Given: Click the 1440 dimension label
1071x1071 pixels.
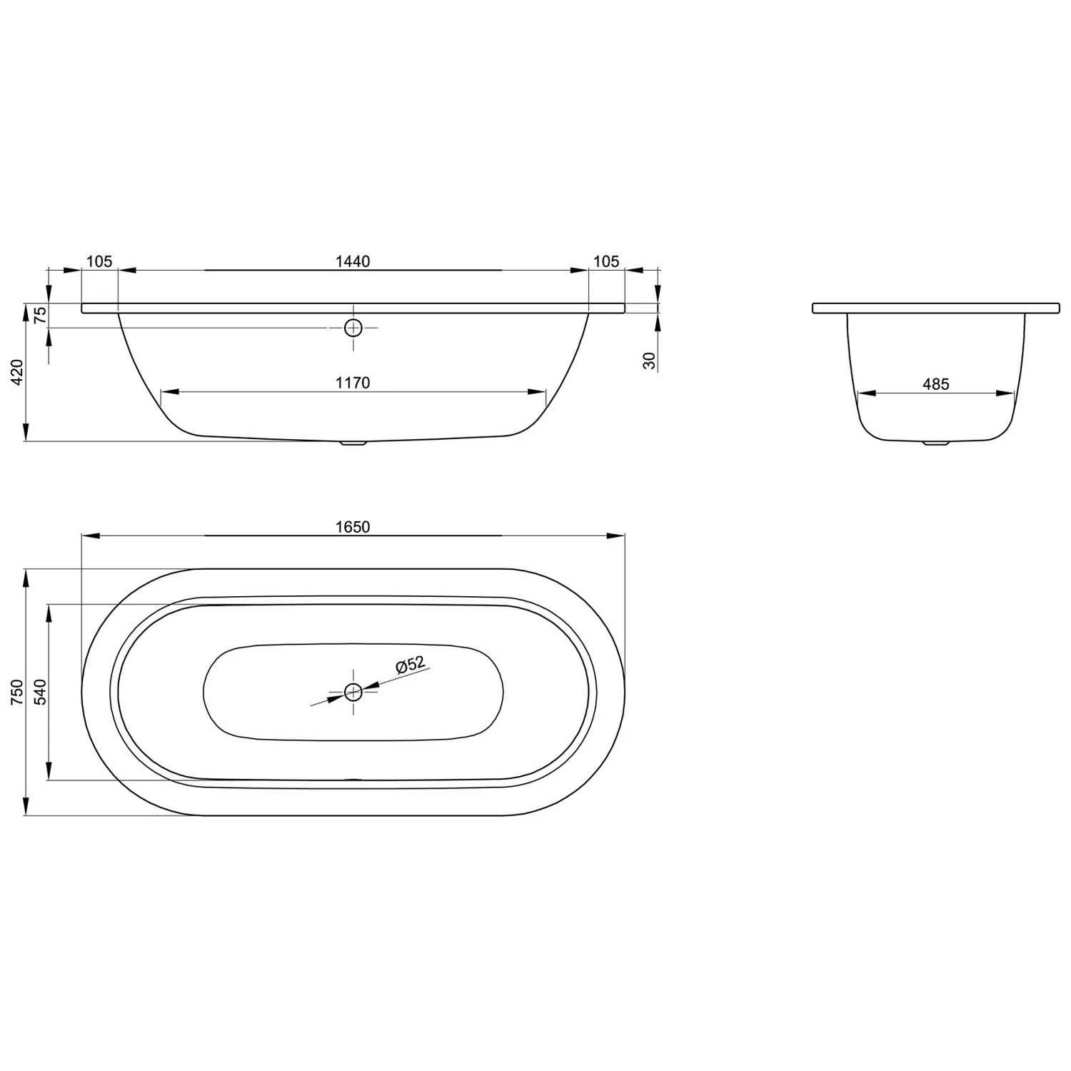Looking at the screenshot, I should tap(353, 261).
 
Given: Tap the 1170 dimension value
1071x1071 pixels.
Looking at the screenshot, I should tap(353, 383).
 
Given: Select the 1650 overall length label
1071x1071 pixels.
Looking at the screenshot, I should tap(353, 527).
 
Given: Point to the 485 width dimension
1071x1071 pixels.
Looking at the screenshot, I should tap(935, 384).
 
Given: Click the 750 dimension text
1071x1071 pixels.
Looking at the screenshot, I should tap(18, 692).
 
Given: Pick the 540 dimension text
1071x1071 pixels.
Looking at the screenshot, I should tap(40, 692).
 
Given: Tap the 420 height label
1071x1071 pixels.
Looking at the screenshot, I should tap(18, 372).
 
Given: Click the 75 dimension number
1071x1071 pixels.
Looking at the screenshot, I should tap(41, 314).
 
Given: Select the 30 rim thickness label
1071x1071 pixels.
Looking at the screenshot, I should tap(649, 361).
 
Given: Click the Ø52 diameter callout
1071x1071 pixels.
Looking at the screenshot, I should tap(411, 665).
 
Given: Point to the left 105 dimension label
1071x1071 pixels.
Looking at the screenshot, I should tap(99, 261).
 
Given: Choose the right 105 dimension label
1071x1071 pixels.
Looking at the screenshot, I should tap(606, 261).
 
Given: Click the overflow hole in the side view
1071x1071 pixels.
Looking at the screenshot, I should tap(353, 328).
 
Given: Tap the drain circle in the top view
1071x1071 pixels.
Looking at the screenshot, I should tap(353, 691).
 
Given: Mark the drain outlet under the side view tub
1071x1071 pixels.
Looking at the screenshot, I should tap(353, 443).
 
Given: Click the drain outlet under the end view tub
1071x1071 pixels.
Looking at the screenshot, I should tap(935, 443).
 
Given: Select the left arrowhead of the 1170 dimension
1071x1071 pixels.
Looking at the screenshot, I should tap(169, 392).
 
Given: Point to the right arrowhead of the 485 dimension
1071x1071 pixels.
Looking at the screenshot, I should tap(1006, 393).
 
